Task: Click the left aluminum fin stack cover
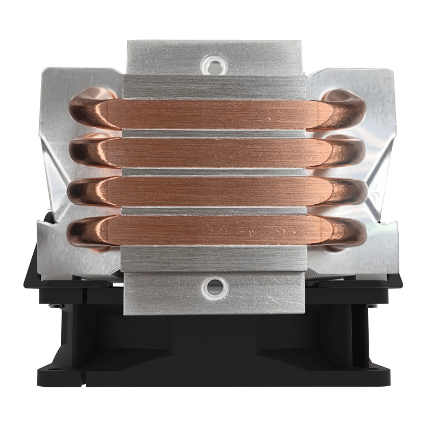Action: (55, 164)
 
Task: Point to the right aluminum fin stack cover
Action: (382, 164)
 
